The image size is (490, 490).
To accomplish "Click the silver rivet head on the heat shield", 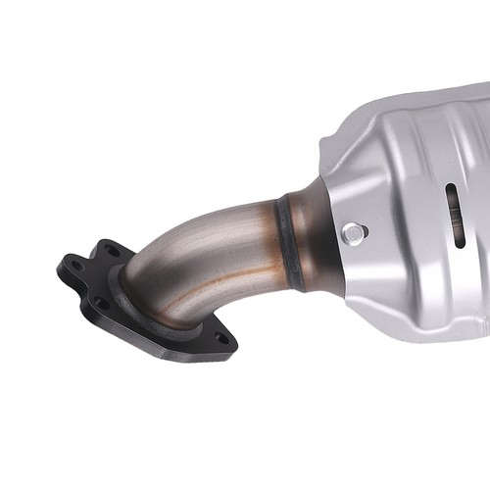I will pyautogui.click(x=353, y=232).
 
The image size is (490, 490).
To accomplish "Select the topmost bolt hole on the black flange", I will pyautogui.click(x=112, y=252).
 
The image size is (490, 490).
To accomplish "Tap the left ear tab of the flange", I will pyautogui.click(x=67, y=267).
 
